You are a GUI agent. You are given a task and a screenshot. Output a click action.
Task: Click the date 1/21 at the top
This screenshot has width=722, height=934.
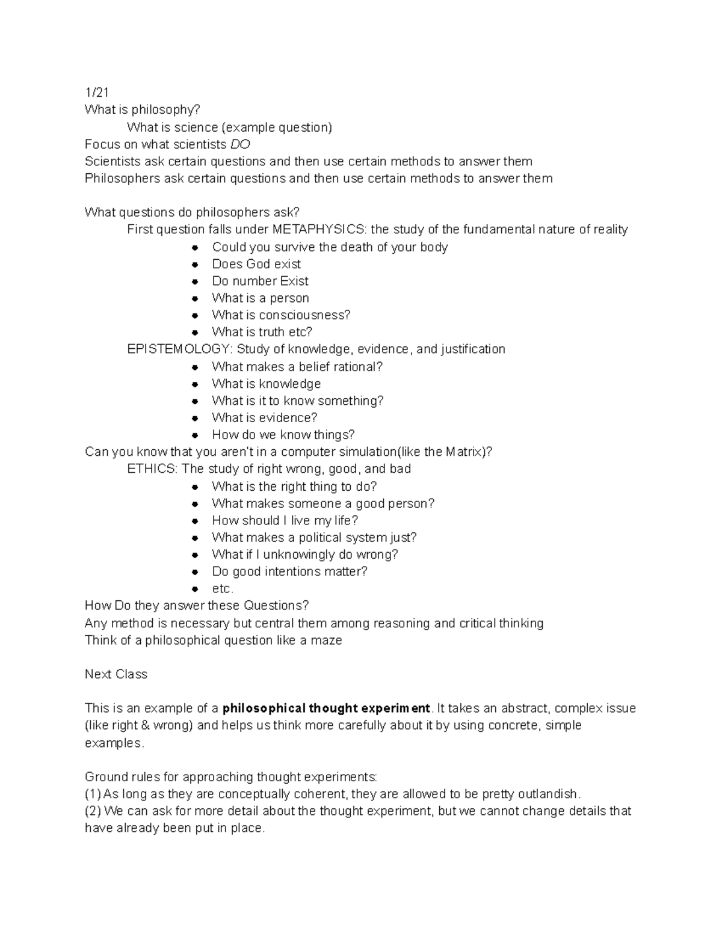pyautogui.click(x=97, y=92)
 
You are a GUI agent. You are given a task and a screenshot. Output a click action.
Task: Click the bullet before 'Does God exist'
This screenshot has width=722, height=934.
pyautogui.click(x=195, y=264)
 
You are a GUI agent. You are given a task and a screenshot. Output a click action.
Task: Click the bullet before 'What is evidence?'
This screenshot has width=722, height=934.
pyautogui.click(x=195, y=418)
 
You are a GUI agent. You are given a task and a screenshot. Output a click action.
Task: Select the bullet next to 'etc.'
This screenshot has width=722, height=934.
pyautogui.click(x=195, y=589)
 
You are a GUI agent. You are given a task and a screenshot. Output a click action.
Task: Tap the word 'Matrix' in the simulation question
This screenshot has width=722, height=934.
pyautogui.click(x=464, y=452)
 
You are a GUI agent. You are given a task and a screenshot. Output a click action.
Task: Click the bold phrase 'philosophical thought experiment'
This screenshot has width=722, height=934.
pyautogui.click(x=327, y=708)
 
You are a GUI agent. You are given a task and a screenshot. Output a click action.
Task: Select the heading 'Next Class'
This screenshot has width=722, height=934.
pyautogui.click(x=116, y=674)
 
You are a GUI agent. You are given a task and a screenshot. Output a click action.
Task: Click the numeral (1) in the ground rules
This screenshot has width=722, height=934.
pyautogui.click(x=93, y=794)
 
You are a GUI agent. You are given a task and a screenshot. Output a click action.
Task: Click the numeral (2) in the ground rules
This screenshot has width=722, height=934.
pyautogui.click(x=93, y=811)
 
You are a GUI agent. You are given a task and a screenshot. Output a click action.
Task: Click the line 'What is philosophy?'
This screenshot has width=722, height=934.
pyautogui.click(x=142, y=109)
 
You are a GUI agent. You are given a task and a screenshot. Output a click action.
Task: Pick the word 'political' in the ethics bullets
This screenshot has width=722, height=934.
pyautogui.click(x=324, y=538)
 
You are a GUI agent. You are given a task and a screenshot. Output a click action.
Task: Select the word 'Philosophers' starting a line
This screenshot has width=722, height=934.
pyautogui.click(x=122, y=178)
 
